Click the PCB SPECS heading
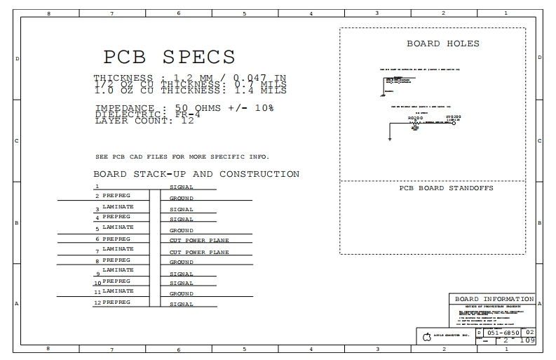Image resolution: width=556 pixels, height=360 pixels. [x=169, y=57]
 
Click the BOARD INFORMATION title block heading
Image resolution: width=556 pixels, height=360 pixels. [x=494, y=298]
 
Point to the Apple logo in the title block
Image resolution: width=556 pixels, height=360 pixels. [x=426, y=338]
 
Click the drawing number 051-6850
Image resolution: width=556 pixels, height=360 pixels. [x=503, y=333]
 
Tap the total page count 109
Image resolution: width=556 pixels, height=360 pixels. [x=529, y=341]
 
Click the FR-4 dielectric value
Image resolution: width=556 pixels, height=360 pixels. [x=186, y=114]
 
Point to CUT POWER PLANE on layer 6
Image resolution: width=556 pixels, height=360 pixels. [x=199, y=241]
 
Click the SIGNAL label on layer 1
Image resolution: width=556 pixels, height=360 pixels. [x=182, y=188]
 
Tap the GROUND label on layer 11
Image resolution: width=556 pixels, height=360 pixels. [x=182, y=293]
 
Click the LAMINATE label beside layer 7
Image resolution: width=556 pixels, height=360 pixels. [x=118, y=249]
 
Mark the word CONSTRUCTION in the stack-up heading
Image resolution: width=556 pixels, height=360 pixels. [x=259, y=174]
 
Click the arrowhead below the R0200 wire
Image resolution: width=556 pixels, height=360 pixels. [x=390, y=139]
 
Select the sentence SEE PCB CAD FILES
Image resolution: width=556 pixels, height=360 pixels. [x=182, y=156]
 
